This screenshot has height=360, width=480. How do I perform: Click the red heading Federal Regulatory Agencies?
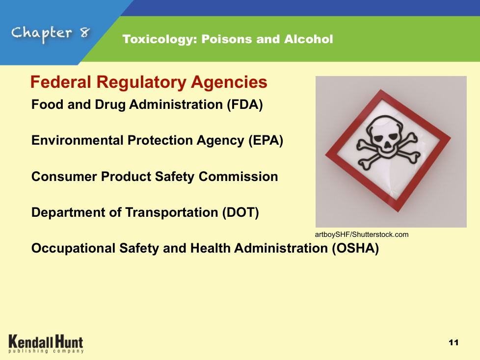(x=149, y=82)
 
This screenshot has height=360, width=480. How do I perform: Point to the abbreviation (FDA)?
(x=245, y=104)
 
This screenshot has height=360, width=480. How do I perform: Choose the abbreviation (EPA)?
(x=266, y=141)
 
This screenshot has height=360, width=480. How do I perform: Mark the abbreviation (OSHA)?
(x=356, y=248)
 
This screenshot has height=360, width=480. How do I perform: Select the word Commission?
(x=238, y=177)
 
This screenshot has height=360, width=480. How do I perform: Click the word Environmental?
(x=78, y=140)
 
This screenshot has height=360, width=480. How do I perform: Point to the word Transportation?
(x=171, y=212)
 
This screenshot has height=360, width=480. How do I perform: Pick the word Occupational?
(x=73, y=248)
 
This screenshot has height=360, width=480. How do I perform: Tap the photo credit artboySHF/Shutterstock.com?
(x=362, y=234)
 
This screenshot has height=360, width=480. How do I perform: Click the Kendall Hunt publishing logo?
(x=46, y=344)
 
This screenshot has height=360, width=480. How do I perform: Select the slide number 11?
(x=453, y=342)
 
